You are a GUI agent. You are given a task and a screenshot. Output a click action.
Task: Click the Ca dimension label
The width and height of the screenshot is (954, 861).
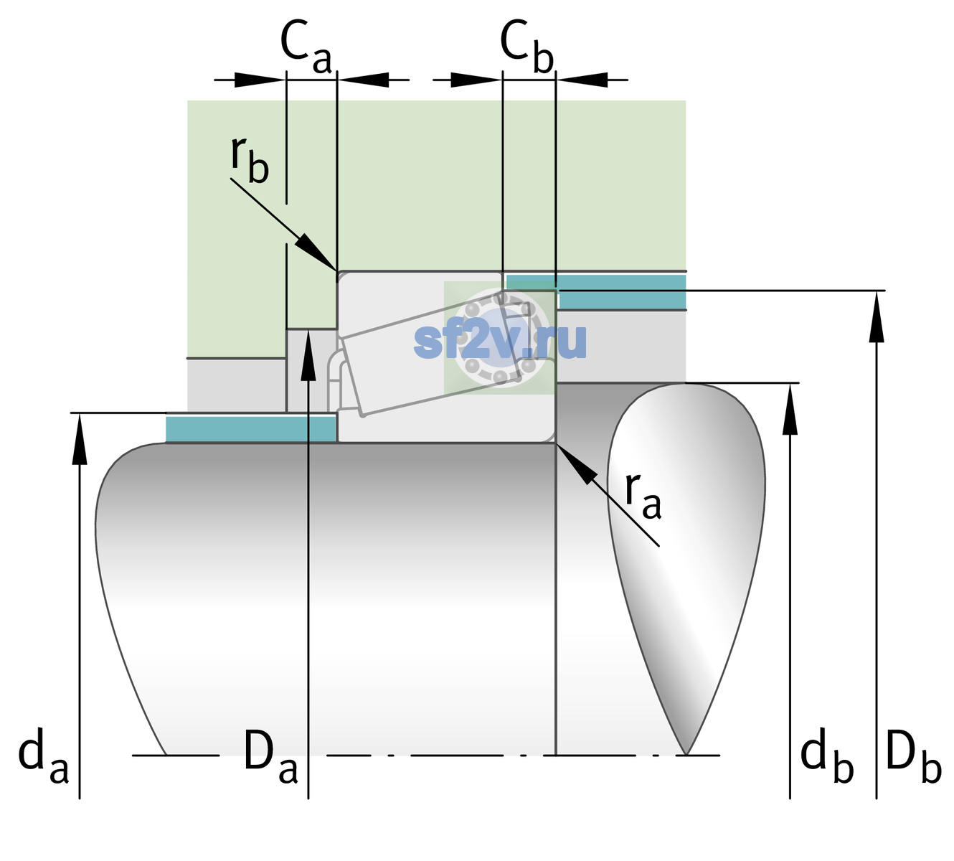[306, 47]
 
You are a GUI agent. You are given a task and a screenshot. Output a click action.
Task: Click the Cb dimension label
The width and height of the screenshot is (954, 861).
[527, 47]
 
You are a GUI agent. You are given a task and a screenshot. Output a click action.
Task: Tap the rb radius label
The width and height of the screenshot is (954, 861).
[250, 160]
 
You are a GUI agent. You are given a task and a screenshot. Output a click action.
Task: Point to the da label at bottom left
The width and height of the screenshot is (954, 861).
[43, 755]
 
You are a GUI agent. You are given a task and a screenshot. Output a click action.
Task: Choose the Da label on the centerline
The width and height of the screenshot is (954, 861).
[270, 755]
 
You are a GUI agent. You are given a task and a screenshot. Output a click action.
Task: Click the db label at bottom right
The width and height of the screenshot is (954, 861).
[827, 755]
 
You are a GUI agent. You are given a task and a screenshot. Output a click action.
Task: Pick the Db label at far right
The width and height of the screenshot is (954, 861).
[914, 755]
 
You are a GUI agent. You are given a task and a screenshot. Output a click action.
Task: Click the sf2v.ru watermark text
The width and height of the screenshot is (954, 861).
[500, 341]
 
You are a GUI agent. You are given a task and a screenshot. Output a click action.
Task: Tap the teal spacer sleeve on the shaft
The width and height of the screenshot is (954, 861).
[250, 429]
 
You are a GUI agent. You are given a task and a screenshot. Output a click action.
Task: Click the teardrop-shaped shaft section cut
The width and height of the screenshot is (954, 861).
[686, 561]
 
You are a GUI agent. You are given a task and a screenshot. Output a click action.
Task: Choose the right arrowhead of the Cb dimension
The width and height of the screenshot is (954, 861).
[582, 80]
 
